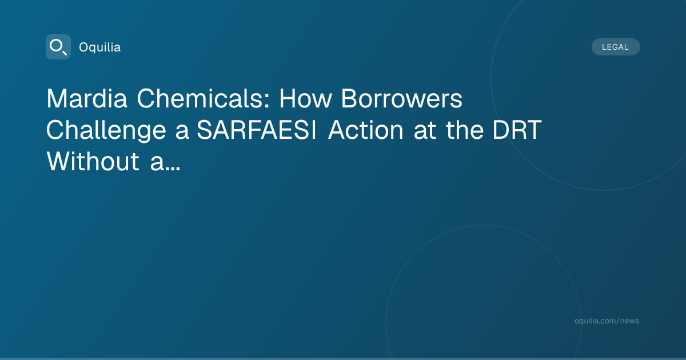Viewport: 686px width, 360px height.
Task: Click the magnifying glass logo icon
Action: (58, 47)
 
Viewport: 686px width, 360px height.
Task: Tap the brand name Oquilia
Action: (100, 47)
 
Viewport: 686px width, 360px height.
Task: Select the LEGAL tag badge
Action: (616, 47)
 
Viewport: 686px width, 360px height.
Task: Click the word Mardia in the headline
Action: (87, 98)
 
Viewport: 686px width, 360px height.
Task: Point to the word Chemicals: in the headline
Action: (204, 98)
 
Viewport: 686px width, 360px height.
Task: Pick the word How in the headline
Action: (305, 98)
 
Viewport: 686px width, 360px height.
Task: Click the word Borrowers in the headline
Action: (401, 98)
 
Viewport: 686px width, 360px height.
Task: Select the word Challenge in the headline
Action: (106, 131)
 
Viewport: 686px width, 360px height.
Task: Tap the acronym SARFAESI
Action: (257, 130)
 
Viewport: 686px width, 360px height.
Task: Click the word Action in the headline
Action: (366, 130)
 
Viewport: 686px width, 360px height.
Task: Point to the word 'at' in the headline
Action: (425, 131)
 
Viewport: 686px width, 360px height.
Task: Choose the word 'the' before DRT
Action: (464, 130)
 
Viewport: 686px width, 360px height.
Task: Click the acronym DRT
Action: (517, 130)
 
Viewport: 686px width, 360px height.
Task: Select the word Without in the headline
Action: (93, 161)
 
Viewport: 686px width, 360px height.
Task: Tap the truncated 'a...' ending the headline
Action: (165, 164)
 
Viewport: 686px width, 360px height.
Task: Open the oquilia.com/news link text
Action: (607, 321)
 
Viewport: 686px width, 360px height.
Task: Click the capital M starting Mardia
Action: (57, 98)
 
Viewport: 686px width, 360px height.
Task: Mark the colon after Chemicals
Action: (267, 101)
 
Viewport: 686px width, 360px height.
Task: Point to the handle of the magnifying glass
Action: (64, 53)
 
